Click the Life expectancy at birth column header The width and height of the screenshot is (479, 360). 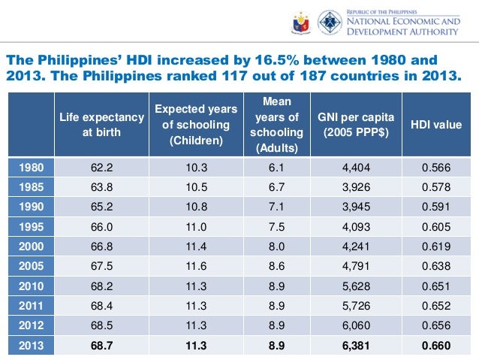[x=102, y=125]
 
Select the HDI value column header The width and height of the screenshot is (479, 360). [x=436, y=125]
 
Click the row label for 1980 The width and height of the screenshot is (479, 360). [x=30, y=168]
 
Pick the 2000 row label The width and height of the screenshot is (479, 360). [x=30, y=245]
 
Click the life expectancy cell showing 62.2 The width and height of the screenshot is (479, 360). [x=102, y=168]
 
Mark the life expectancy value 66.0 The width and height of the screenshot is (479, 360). [x=102, y=225]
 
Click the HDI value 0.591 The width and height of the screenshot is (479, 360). [x=436, y=207]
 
